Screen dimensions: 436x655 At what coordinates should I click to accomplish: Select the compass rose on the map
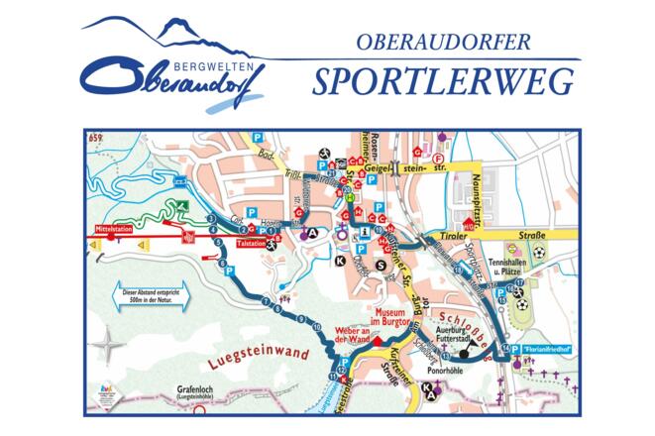tap(105, 348)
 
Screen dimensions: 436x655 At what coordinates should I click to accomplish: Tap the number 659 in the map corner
tap(95, 137)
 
